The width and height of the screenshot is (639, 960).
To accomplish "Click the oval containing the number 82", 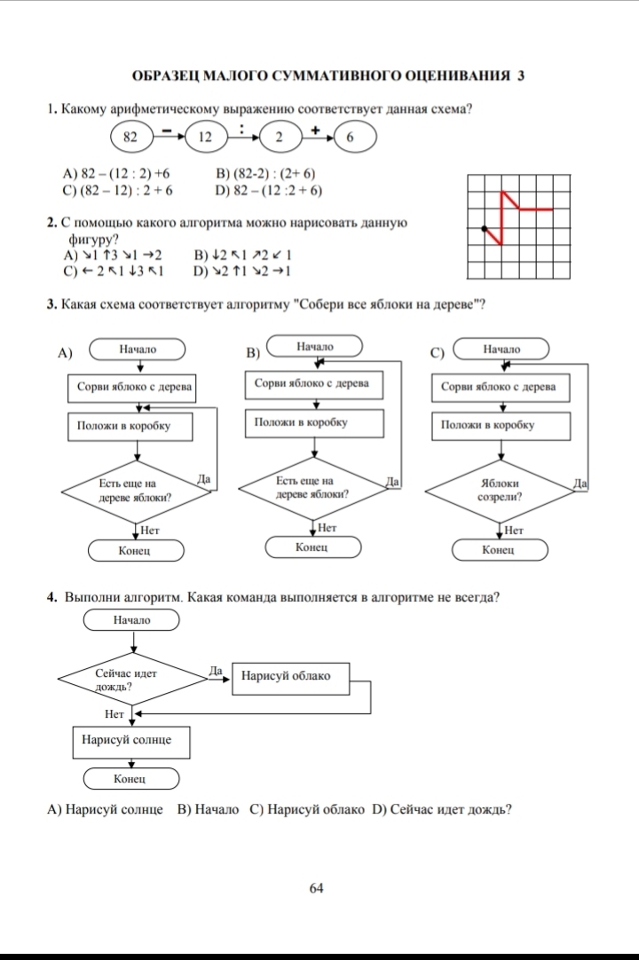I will click(131, 138).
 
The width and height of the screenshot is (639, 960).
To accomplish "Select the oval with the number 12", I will click(205, 138).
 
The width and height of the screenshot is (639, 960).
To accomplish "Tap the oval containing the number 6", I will click(350, 138).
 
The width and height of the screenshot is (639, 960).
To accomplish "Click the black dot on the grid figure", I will click(485, 228).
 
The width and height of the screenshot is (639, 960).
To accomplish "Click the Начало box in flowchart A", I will click(137, 350).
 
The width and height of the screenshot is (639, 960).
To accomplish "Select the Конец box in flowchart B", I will click(312, 547).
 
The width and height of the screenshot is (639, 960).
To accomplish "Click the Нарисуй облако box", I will click(286, 676).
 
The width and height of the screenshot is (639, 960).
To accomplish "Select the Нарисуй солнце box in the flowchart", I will click(131, 739).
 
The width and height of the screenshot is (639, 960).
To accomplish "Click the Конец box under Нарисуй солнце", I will click(131, 779).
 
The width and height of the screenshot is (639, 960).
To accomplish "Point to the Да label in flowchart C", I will click(580, 484).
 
